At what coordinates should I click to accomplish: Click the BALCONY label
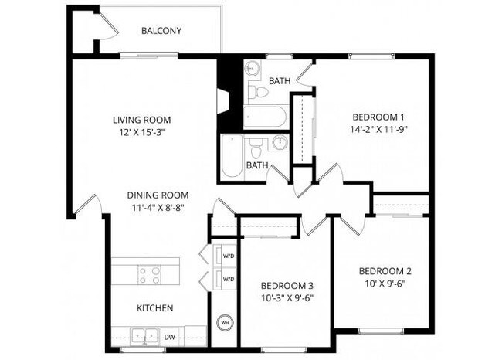point(161,31)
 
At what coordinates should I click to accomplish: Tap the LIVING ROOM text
point(141,120)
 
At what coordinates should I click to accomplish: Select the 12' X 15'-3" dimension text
point(141,132)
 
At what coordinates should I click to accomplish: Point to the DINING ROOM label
point(158,195)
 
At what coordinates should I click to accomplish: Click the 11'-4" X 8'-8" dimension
point(158,208)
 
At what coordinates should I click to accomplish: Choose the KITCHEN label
point(154,307)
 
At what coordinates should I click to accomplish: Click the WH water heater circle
point(225,321)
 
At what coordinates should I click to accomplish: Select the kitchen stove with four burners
point(149,274)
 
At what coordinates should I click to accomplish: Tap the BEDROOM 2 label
point(385,271)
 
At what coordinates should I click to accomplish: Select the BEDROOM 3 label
point(287,284)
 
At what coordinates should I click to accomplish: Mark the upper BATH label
point(279,81)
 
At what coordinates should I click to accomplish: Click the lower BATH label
point(256,165)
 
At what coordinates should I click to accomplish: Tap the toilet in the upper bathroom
point(260,92)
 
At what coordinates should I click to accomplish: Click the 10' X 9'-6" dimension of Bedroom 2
point(385,284)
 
